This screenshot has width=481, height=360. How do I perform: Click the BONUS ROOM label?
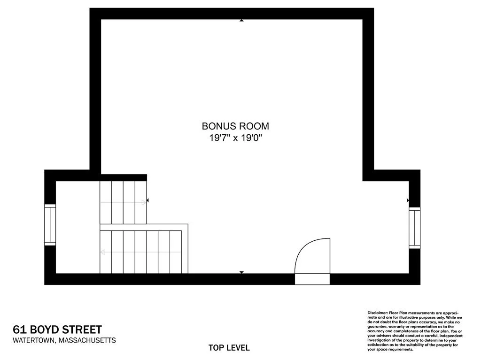(235, 126)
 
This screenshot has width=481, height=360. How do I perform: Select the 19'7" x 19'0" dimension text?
(235, 138)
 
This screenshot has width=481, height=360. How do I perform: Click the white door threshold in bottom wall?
(312, 279)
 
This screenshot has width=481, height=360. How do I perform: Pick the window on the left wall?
(50, 225)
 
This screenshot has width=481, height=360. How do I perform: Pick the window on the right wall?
(414, 228)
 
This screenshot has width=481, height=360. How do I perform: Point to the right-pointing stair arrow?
(123, 203)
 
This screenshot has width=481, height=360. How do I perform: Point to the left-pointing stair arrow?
(141, 252)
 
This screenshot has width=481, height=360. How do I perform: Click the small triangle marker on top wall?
(241, 20)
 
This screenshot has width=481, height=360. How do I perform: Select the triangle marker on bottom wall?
(241, 272)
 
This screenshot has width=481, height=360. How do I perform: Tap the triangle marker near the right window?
(408, 200)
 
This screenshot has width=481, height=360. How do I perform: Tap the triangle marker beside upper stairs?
(148, 200)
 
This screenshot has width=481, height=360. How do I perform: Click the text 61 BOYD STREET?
(57, 330)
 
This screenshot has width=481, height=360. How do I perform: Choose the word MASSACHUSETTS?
(86, 340)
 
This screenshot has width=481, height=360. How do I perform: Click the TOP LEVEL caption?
(229, 348)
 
